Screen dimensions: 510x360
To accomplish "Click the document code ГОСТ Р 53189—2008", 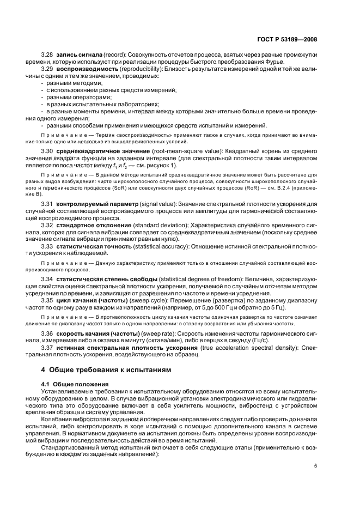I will click(x=287, y=40).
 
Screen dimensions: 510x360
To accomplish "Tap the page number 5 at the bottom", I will click(x=315, y=466).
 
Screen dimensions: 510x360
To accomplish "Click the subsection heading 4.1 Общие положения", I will click(x=75, y=384).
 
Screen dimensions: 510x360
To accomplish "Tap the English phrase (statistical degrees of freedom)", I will click(x=197, y=279).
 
